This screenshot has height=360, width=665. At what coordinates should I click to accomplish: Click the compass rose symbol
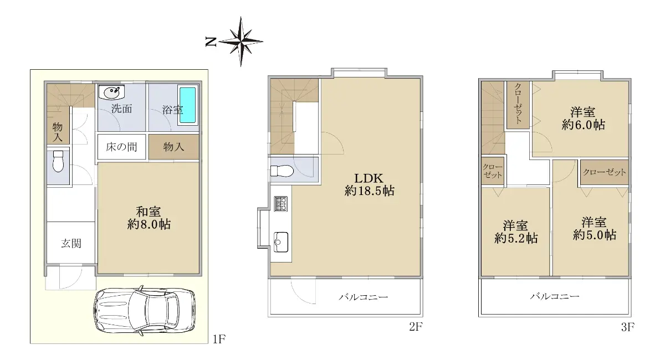click(x=241, y=42)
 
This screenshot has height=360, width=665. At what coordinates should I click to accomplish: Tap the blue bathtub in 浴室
click(x=188, y=105)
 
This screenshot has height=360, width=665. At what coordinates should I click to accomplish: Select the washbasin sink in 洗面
click(x=112, y=92)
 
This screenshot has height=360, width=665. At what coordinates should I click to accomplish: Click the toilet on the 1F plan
click(x=58, y=161)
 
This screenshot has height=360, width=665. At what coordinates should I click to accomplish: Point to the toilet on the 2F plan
click(x=282, y=171)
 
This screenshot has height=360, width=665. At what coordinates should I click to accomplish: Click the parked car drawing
click(x=145, y=311)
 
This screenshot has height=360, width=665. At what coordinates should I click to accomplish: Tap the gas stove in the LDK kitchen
click(x=280, y=204)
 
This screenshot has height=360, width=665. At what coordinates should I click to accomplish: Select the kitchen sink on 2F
click(x=280, y=242)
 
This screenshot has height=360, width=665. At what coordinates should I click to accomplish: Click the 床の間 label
click(x=121, y=147)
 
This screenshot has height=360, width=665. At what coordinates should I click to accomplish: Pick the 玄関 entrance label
click(x=71, y=243)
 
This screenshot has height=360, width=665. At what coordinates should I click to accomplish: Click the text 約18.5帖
click(x=369, y=191)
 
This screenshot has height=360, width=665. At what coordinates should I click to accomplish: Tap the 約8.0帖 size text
click(x=149, y=224)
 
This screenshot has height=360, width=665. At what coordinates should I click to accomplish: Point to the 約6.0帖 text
click(x=583, y=125)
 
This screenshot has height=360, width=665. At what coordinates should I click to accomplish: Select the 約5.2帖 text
click(x=516, y=238)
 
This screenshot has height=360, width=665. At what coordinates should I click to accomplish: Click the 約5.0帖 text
click(x=595, y=235)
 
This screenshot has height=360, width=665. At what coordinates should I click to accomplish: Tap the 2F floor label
click(x=416, y=327)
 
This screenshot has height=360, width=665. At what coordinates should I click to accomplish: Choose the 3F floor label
click(x=627, y=327)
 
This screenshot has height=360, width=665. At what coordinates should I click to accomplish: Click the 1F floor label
click(x=219, y=339)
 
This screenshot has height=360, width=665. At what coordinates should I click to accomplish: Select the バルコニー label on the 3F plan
click(x=555, y=296)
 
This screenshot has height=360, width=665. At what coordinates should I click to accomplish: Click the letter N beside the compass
click(x=211, y=42)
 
